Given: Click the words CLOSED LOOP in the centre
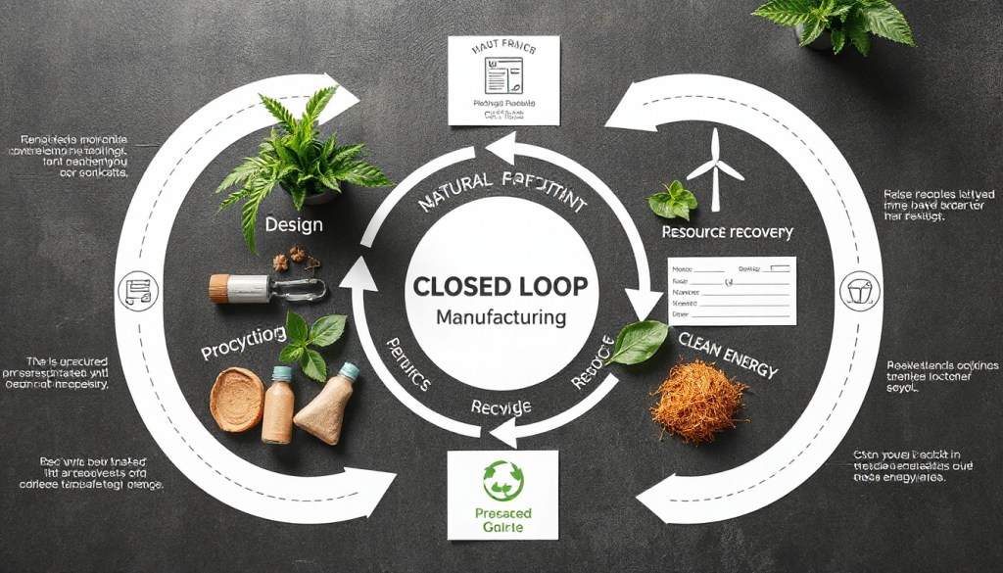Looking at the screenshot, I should tap(501, 287).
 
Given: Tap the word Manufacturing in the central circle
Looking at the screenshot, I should tap(501, 317).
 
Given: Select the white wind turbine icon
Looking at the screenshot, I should tap(715, 168).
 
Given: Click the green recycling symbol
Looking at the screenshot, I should tap(503, 480).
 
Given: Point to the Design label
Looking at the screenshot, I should tap(293, 224).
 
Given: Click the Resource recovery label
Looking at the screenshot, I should tap(727, 232).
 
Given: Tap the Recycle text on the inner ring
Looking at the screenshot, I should tap(501, 406).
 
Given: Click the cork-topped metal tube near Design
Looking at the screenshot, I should tap(264, 287).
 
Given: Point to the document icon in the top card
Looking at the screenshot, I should tap(502, 73).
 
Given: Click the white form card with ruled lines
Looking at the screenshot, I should tap(731, 291).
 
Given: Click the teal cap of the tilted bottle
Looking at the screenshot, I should tap(349, 371).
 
